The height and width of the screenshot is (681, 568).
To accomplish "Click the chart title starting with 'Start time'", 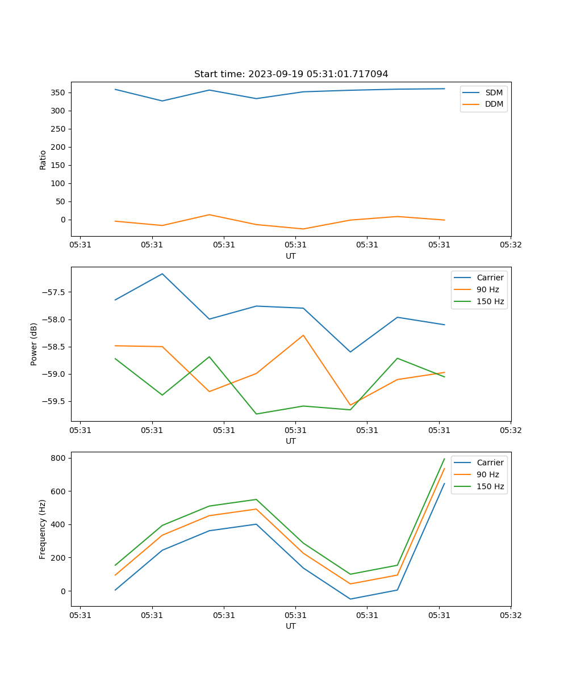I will point(291,74).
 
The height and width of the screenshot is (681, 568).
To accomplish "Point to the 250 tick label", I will point(59,129).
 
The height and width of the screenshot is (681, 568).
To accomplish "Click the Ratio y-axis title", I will point(43,159).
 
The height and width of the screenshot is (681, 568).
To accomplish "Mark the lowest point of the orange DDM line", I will point(303,229).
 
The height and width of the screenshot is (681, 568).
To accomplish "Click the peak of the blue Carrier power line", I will point(162,274).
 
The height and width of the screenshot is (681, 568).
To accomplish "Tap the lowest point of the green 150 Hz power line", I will point(256,414).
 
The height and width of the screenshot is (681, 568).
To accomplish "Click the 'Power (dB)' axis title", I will point(34,344).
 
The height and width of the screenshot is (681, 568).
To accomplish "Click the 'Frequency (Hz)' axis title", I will point(43,529).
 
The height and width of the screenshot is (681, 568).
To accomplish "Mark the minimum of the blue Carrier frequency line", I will point(350,599).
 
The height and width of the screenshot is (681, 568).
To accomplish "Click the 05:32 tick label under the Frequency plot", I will point(510,615).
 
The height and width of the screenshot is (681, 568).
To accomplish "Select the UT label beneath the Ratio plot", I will point(291,257).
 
